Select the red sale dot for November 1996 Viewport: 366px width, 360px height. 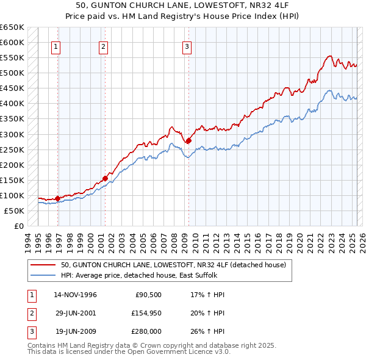click(x=57, y=198)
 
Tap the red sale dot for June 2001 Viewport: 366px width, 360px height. click(x=105, y=178)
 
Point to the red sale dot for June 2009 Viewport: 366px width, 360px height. click(x=188, y=140)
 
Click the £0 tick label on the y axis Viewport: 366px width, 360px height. click(x=18, y=226)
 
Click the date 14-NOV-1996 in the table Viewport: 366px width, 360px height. click(x=76, y=295)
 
